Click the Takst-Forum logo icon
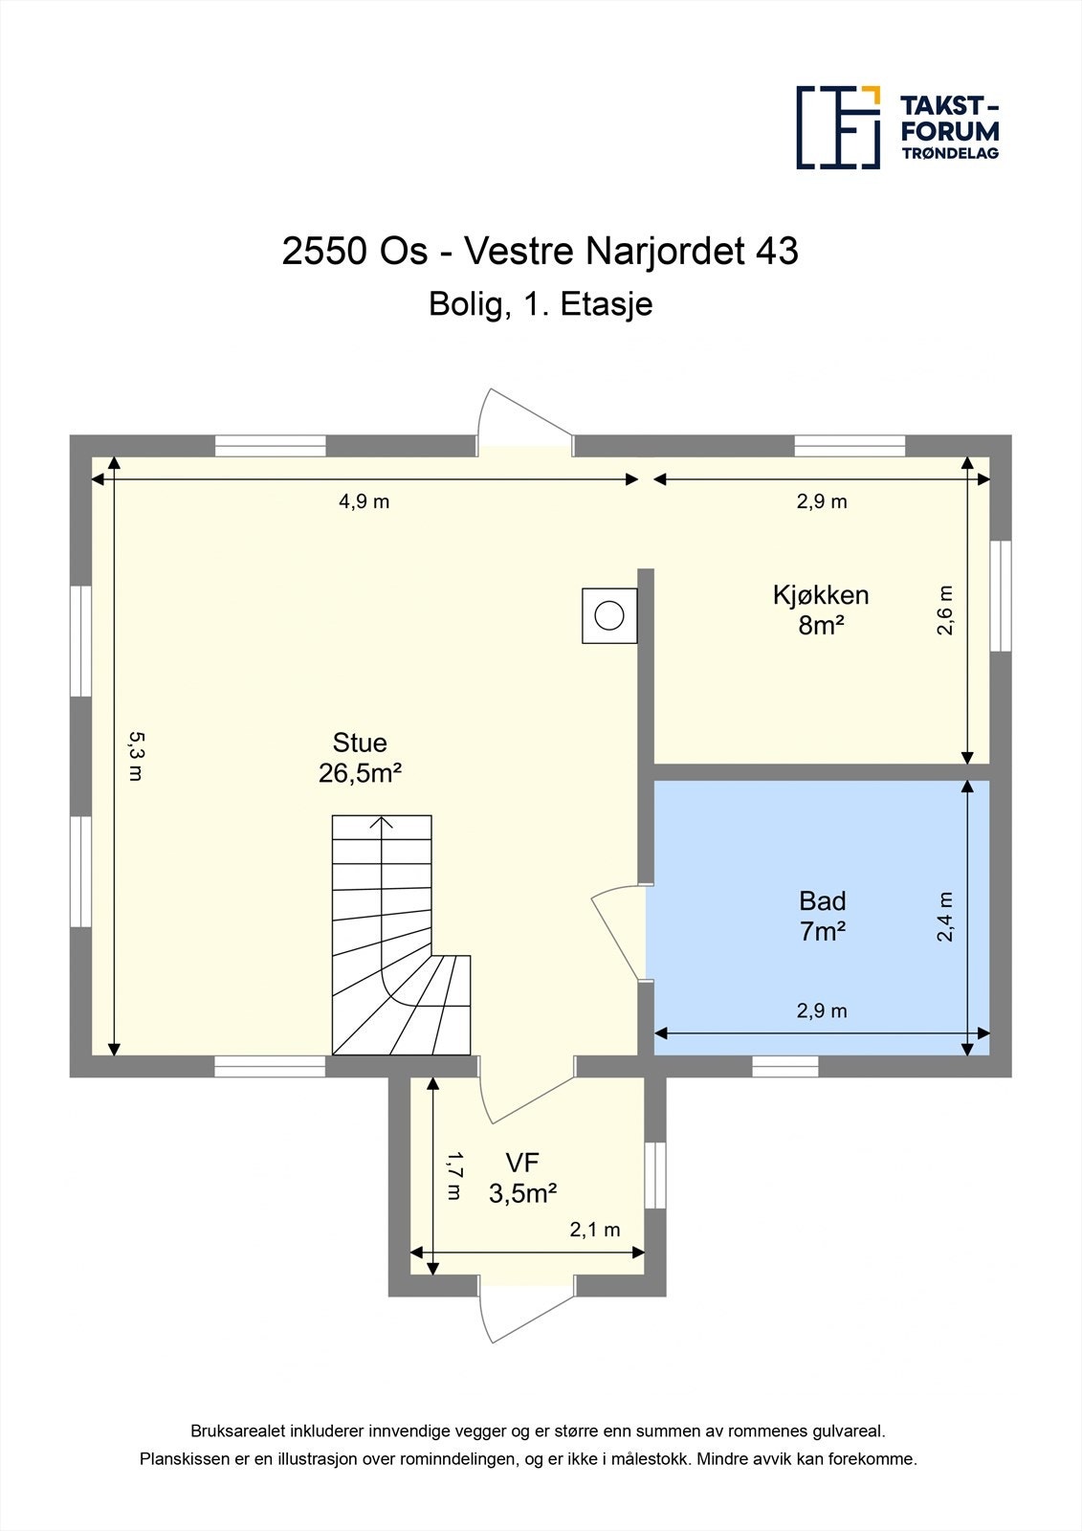[x=838, y=127]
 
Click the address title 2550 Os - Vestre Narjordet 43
[x=540, y=251]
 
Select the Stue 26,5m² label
[x=360, y=758]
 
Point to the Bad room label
[x=822, y=916]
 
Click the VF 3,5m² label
[x=522, y=1178]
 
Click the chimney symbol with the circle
[x=609, y=615]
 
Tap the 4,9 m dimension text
[x=364, y=501]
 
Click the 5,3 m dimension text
[x=136, y=756]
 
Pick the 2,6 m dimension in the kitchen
[x=945, y=610]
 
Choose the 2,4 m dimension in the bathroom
[x=945, y=917]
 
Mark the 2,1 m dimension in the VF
[x=594, y=1230]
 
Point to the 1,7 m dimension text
[x=454, y=1176]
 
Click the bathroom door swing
[x=617, y=933]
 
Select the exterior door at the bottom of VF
[x=524, y=1311]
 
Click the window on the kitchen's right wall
[x=1000, y=595]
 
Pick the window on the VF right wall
[x=654, y=1175]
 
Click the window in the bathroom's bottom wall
[x=784, y=1066]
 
